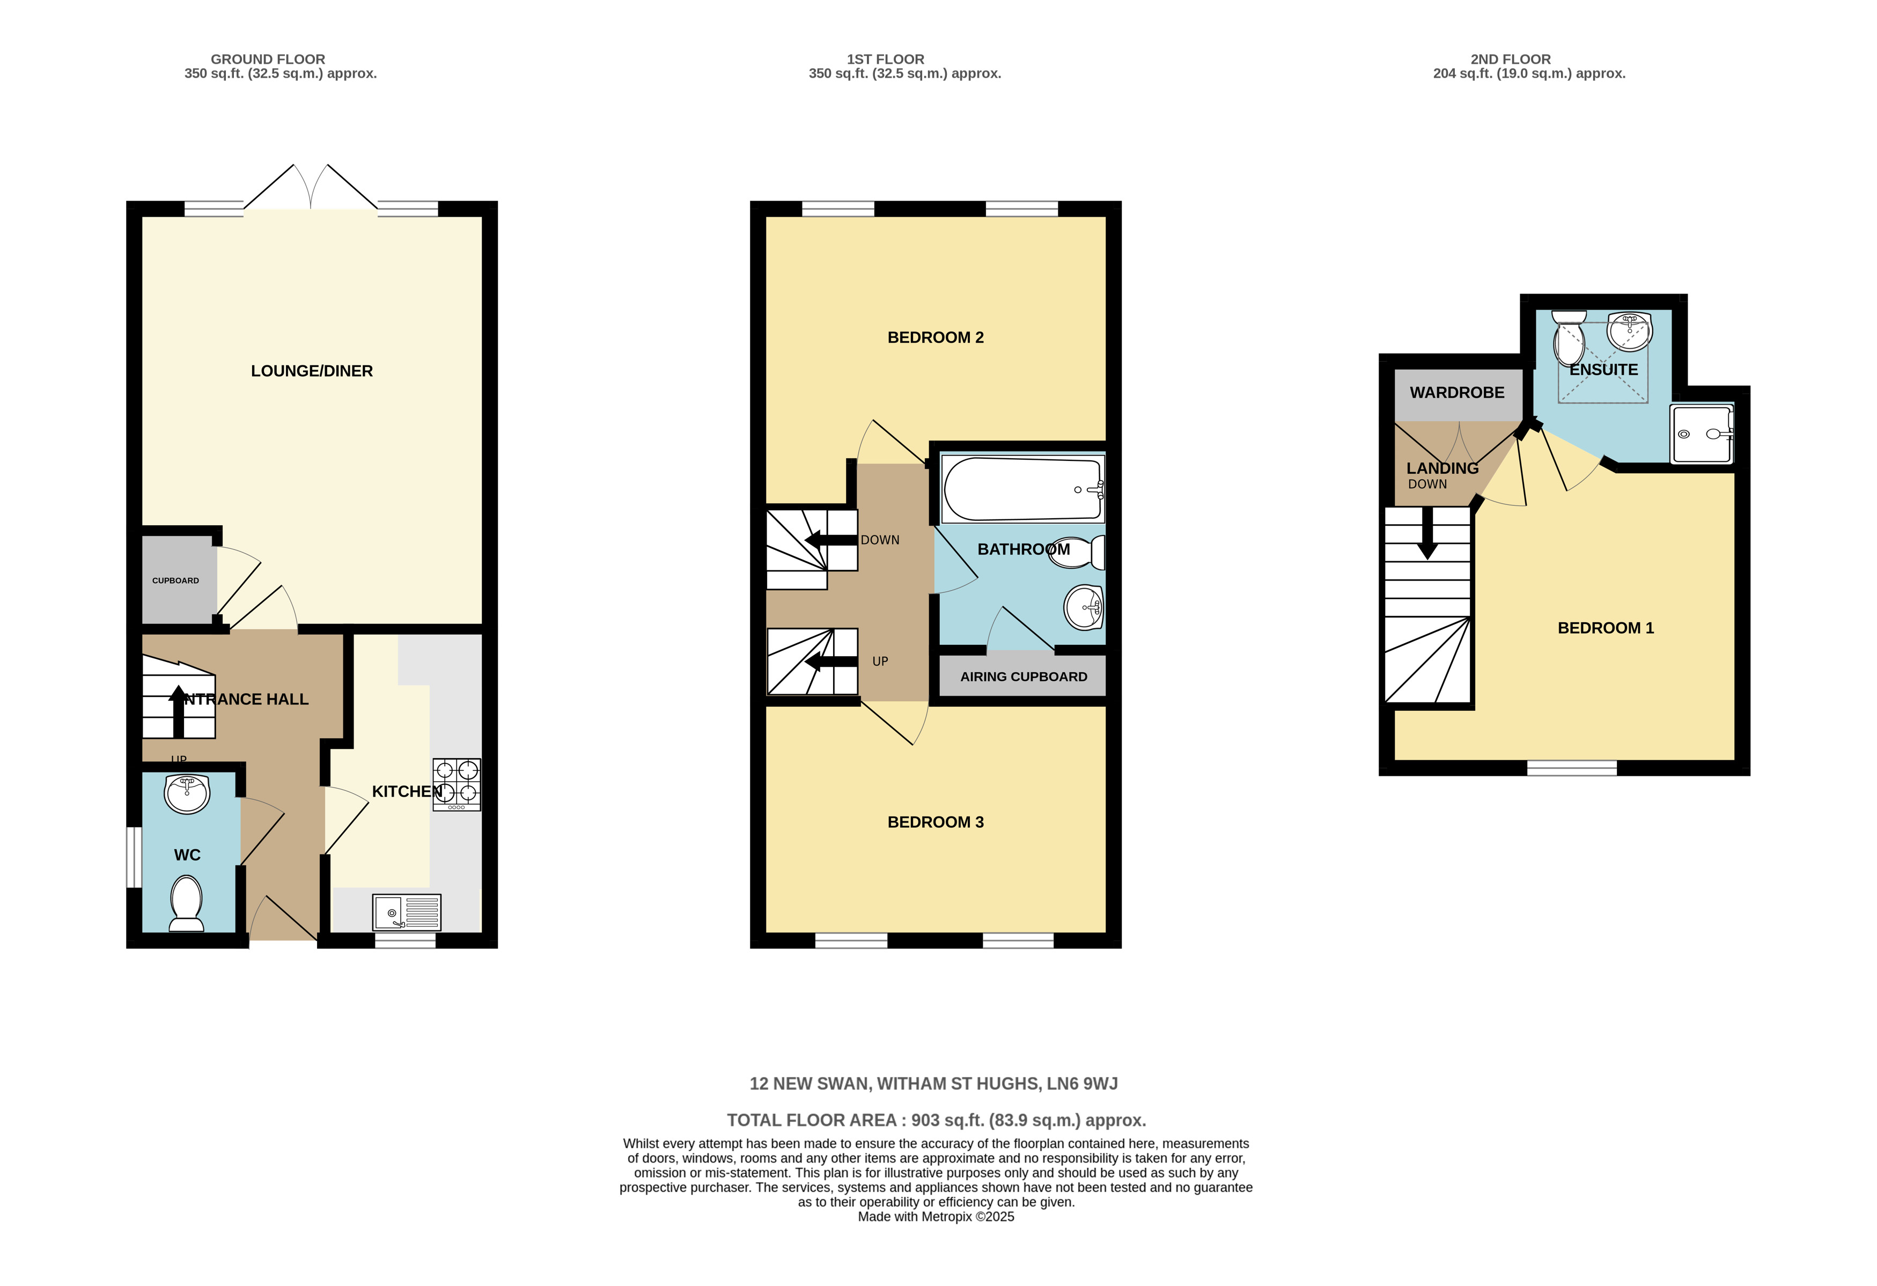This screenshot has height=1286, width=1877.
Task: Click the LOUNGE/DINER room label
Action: [312, 371]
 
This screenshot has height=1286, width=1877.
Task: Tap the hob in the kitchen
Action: [457, 783]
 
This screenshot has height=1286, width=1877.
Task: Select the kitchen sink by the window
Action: [406, 912]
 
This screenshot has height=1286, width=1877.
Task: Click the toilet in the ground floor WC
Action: [187, 904]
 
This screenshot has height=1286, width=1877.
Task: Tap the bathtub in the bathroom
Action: [1022, 489]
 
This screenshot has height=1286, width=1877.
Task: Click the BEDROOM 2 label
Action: [935, 337]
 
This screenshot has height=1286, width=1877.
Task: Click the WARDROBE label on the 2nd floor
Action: [1457, 393]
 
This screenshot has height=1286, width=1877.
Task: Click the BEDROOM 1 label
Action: [1606, 628]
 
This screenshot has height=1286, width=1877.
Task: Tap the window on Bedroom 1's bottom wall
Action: [1572, 768]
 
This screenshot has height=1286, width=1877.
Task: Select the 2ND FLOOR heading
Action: [1510, 59]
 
